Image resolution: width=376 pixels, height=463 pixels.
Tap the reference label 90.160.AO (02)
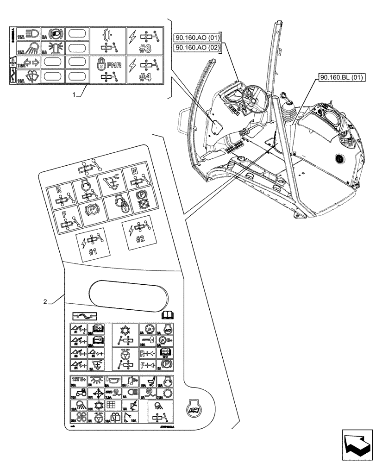197,48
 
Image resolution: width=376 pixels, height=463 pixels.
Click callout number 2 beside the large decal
45,302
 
